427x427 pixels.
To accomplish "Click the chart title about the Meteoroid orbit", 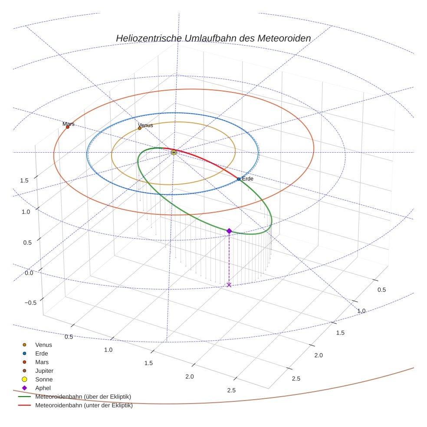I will click(x=213, y=39).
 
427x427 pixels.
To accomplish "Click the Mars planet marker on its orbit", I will click(x=68, y=127).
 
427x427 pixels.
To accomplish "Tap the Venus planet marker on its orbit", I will click(x=140, y=128).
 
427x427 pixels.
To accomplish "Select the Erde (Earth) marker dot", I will click(x=239, y=179).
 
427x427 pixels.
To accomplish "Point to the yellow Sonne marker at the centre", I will click(x=174, y=152).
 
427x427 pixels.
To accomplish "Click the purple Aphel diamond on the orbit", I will click(x=229, y=231).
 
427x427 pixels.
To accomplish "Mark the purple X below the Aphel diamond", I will click(x=229, y=285).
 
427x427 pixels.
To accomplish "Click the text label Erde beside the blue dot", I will click(x=248, y=179).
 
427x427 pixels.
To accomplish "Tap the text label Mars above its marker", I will click(x=69, y=124).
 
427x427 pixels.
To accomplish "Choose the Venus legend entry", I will click(x=43, y=345).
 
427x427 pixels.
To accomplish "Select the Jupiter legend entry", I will click(x=44, y=371).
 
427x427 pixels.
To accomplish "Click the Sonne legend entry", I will click(x=44, y=380).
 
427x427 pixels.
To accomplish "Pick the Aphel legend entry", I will click(x=43, y=388).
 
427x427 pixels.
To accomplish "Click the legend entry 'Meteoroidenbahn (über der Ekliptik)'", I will click(x=83, y=397).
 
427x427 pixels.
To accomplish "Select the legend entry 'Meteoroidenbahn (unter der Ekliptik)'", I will click(x=84, y=406).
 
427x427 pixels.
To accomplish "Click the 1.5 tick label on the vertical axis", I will click(x=24, y=181).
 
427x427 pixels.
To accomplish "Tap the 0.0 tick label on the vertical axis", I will click(x=30, y=273).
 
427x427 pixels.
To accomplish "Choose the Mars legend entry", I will click(x=42, y=362).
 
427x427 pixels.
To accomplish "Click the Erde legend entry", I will click(x=42, y=354).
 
